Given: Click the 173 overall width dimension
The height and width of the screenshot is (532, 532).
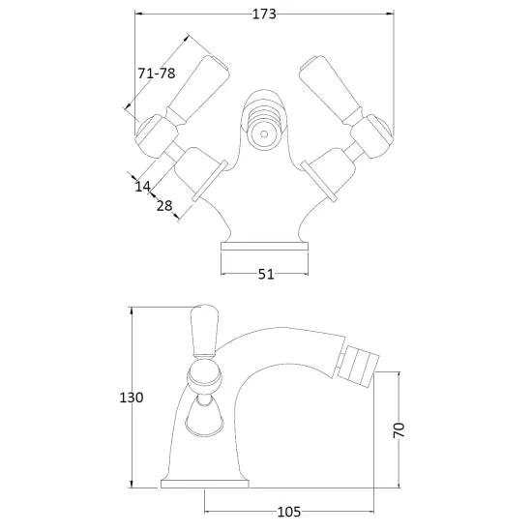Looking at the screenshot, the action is coord(264,15).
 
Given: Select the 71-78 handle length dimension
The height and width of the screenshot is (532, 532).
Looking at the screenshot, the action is coord(157,73).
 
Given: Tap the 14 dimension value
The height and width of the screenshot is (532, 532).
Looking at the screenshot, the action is coord(142,187).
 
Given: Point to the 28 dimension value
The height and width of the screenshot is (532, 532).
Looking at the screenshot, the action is coord(164,206).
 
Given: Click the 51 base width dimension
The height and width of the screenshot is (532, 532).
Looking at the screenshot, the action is coord(266,274).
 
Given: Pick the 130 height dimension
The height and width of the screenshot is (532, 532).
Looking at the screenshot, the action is coord(132,398).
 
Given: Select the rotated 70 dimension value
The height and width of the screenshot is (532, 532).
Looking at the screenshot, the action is coord(399,430).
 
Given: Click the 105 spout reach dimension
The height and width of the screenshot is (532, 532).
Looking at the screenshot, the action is coord(289,512).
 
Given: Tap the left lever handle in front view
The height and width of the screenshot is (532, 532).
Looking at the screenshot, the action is coord(197,89).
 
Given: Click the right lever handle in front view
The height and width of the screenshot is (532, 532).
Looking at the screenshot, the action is coord(331,89).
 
